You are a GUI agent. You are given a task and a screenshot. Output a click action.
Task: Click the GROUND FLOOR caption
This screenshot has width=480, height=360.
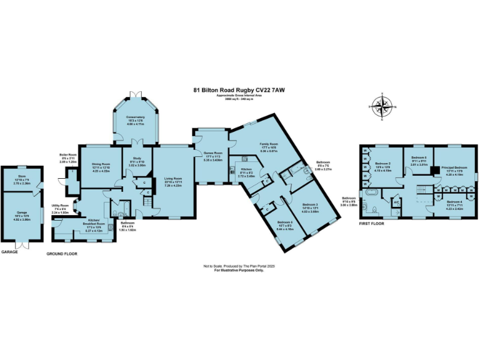coord(62,254)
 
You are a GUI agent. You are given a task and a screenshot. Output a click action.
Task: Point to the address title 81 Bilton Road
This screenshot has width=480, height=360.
coord(240,89)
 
